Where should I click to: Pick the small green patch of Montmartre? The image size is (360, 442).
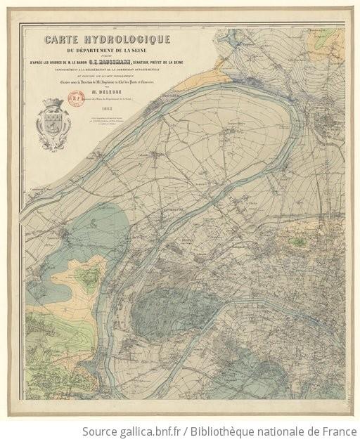click(x=299, y=241)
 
